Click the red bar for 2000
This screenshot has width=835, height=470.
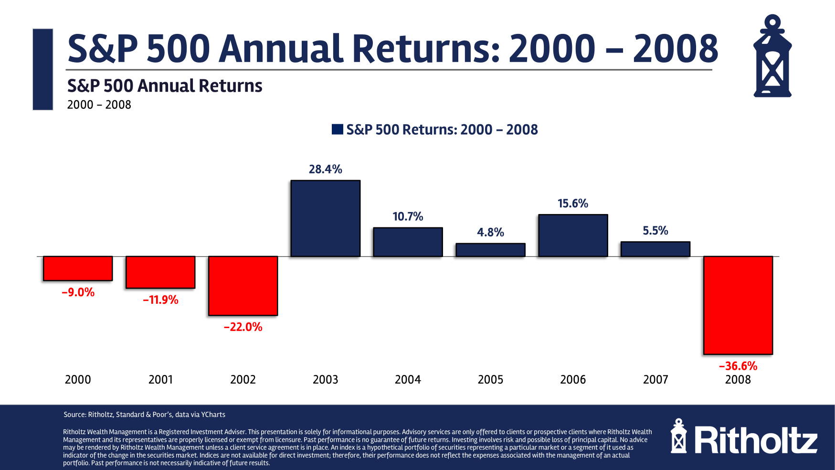tap(78, 268)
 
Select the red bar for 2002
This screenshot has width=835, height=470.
tap(243, 286)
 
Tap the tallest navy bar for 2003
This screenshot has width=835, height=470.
tap(326, 218)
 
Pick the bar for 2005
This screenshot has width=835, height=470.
tap(490, 250)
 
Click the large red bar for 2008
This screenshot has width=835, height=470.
tap(738, 305)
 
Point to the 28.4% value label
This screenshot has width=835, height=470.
tap(326, 169)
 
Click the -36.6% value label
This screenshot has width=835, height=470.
tap(738, 366)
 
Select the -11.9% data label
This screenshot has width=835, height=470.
tap(160, 300)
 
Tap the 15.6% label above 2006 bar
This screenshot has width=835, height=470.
tap(573, 203)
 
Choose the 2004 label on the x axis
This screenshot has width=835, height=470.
tap(408, 380)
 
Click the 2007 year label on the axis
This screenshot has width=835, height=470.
tap(655, 380)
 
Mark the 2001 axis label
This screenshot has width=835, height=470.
tap(160, 380)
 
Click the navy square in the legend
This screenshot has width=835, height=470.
tap(338, 129)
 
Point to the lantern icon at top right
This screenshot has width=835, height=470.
tap(772, 56)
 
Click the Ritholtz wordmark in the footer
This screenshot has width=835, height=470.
tap(756, 440)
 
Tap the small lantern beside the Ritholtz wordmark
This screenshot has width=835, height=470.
tap(678, 437)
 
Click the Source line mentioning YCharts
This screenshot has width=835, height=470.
tap(144, 415)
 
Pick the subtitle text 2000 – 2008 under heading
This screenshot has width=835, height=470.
tap(99, 105)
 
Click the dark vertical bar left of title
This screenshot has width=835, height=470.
tap(43, 69)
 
